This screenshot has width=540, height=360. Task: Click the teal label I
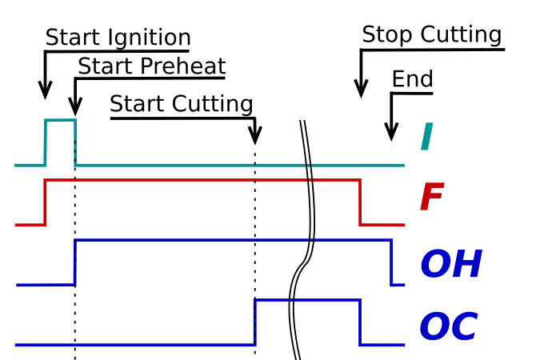[x=426, y=138]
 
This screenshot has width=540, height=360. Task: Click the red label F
[x=431, y=198]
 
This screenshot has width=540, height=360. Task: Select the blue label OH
[x=450, y=266]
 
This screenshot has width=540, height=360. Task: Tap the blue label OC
[x=448, y=328]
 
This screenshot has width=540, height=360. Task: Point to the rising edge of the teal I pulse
[x=45, y=142]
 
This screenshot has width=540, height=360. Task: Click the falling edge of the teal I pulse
[x=75, y=142]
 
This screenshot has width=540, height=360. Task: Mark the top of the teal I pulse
[x=60, y=121]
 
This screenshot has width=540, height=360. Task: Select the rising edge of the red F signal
[x=45, y=202]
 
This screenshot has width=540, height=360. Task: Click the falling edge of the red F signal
[x=360, y=202]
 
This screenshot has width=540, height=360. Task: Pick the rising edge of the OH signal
[x=74, y=262]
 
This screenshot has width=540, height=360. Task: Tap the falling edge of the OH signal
[x=391, y=262]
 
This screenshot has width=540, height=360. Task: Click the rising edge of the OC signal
[x=254, y=322]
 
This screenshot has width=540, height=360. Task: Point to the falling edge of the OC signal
[x=360, y=322]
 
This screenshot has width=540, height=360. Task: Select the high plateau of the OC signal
[x=307, y=300]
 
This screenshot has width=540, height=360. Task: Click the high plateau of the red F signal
[x=200, y=180]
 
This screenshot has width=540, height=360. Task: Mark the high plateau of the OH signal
[x=232, y=239]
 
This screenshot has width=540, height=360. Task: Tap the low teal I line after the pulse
[x=240, y=165]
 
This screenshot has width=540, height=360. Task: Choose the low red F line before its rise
[x=30, y=225]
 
